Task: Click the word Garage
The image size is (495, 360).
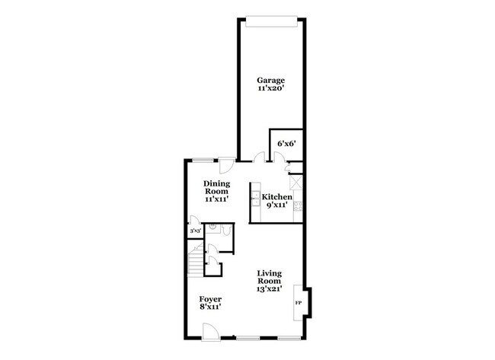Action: [270, 81]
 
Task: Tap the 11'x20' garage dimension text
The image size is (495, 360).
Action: [270, 88]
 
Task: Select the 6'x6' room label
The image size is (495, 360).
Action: [286, 144]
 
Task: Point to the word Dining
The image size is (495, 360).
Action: [216, 184]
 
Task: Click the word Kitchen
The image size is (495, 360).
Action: [277, 197]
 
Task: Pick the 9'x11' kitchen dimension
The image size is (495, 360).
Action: [277, 205]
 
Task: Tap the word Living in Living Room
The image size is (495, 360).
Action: [270, 273]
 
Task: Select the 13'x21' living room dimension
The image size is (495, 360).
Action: [270, 288]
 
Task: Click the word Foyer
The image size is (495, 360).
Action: [210, 299]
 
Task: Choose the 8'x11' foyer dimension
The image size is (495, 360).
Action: [210, 307]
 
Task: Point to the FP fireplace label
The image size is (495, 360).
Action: [298, 303]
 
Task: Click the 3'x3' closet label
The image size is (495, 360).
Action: [196, 231]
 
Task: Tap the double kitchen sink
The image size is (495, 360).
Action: [255, 199]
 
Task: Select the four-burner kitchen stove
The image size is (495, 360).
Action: [298, 206]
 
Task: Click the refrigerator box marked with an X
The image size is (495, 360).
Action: [297, 182]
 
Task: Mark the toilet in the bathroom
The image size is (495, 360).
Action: [227, 231]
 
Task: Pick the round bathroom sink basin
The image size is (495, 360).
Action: [212, 226]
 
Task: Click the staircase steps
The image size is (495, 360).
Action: [195, 262]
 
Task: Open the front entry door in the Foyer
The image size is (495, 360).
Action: [210, 331]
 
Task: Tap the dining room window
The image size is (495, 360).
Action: [203, 160]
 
